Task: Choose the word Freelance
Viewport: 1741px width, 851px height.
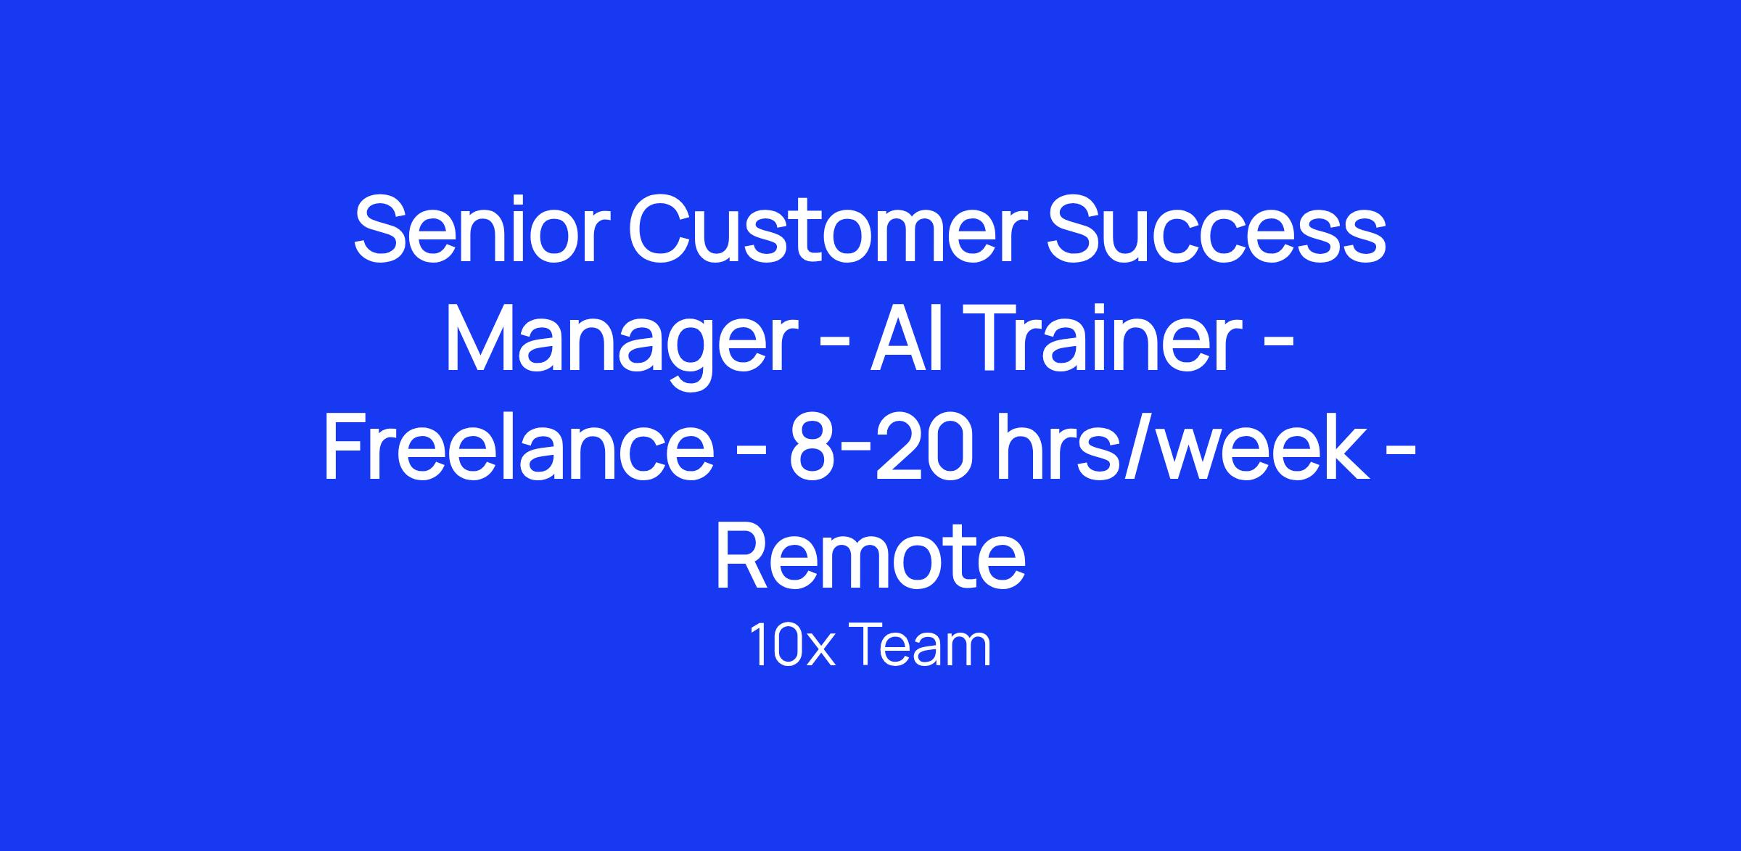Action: [519, 448]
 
